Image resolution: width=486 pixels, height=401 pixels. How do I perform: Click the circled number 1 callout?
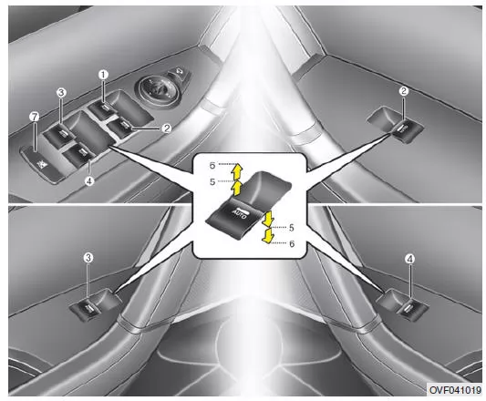pyautogui.click(x=103, y=75)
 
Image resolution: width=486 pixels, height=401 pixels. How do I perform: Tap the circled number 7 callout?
pyautogui.click(x=35, y=117)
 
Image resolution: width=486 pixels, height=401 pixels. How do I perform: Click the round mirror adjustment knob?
pyautogui.click(x=159, y=91)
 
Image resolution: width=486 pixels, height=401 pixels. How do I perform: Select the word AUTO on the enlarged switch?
pyautogui.click(x=239, y=213)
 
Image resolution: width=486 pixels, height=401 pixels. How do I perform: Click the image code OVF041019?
pyautogui.click(x=455, y=389)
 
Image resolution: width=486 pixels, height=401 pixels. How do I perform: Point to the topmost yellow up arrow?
pyautogui.click(x=238, y=170)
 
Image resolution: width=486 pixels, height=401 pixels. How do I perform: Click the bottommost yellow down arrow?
pyautogui.click(x=267, y=235)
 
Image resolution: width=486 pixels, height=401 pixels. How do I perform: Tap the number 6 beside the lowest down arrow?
pyautogui.click(x=292, y=244)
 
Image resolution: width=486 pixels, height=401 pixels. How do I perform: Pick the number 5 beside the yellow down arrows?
pyautogui.click(x=292, y=228)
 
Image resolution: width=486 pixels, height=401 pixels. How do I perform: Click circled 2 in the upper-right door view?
pyautogui.click(x=404, y=91)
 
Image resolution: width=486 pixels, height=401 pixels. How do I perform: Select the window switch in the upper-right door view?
pyautogui.click(x=407, y=131)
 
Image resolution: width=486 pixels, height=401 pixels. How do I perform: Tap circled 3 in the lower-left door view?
pyautogui.click(x=88, y=258)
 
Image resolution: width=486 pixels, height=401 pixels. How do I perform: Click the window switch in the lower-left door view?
pyautogui.click(x=88, y=309)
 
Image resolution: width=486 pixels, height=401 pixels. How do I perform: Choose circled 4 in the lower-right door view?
pyautogui.click(x=410, y=259)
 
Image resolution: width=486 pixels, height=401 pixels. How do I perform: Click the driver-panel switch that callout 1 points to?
pyautogui.click(x=103, y=109)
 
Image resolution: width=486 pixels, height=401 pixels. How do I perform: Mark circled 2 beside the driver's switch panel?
pyautogui.click(x=167, y=129)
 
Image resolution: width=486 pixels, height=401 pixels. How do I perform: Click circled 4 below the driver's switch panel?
pyautogui.click(x=89, y=181)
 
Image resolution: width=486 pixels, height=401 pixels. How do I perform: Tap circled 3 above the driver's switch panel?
pyautogui.click(x=61, y=92)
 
